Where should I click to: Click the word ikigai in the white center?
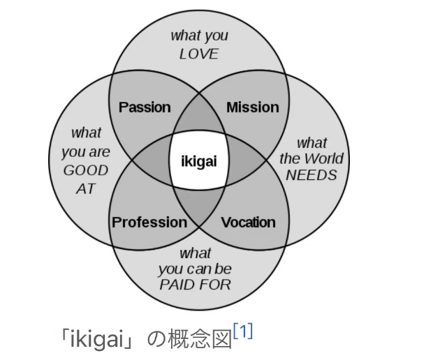pyautogui.click(x=199, y=161)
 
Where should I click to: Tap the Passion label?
pyautogui.click(x=145, y=107)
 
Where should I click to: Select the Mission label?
pyautogui.click(x=253, y=107)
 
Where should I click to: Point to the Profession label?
pyautogui.click(x=149, y=223)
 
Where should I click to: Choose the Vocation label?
pyautogui.click(x=249, y=223)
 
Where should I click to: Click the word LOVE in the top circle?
pyautogui.click(x=199, y=54)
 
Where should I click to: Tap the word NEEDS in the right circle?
pyautogui.click(x=311, y=174)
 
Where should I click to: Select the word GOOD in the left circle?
pyautogui.click(x=86, y=170)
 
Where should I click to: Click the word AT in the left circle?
pyautogui.click(x=86, y=189)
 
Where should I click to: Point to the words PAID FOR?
pyautogui.click(x=195, y=285)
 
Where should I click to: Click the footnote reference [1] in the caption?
pyautogui.click(x=243, y=331)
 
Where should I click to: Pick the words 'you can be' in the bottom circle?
pyautogui.click(x=195, y=269)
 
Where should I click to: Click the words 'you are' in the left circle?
pyautogui.click(x=86, y=151)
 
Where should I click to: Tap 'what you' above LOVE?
pyautogui.click(x=199, y=36)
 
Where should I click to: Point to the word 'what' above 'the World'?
pyautogui.click(x=311, y=143)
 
